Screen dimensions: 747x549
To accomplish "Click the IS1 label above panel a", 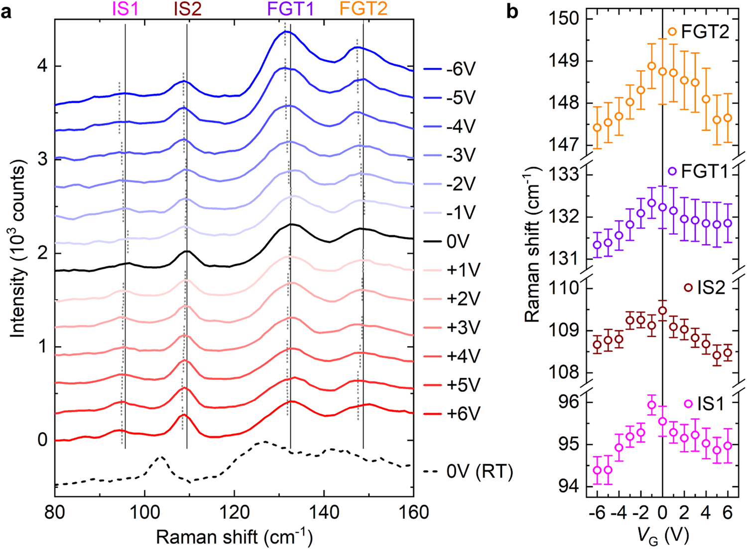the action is tap(125, 9).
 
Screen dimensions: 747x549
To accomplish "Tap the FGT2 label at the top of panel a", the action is tap(363, 9).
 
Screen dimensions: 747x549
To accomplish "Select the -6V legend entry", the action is tap(450, 69).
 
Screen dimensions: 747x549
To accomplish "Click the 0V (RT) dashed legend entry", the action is tap(468, 471).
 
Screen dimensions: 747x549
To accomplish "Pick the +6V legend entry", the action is tap(450, 414).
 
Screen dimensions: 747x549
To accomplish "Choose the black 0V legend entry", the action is tap(450, 242).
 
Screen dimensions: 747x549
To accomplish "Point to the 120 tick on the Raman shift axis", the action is tap(234, 512).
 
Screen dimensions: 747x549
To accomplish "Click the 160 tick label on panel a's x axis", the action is tap(413, 512).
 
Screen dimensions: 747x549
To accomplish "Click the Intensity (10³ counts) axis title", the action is tap(18, 249).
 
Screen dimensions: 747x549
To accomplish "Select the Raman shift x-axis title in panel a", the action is tap(234, 537).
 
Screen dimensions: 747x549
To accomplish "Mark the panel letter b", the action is tap(512, 11).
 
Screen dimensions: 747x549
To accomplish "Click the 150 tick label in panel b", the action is tap(564, 19).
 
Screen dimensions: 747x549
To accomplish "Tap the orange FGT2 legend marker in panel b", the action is tap(672, 32).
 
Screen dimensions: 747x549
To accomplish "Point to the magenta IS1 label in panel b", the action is tap(711, 404).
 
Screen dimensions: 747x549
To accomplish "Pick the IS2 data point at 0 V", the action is tap(662, 311).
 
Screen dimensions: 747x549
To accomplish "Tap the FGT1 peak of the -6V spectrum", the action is tap(285, 31).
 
